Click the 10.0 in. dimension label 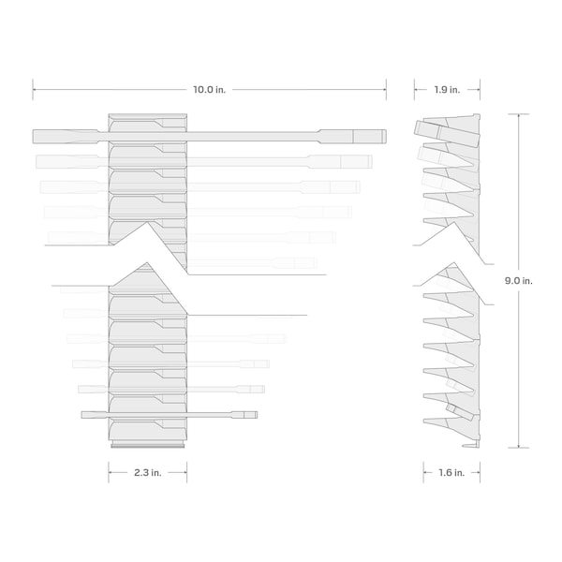209,90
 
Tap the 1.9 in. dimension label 447,90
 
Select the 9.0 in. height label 519,281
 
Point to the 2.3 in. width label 148,473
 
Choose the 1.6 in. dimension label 451,473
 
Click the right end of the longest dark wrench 386,137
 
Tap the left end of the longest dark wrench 34,137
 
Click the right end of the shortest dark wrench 257,415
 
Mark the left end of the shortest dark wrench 82,415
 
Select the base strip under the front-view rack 148,446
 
